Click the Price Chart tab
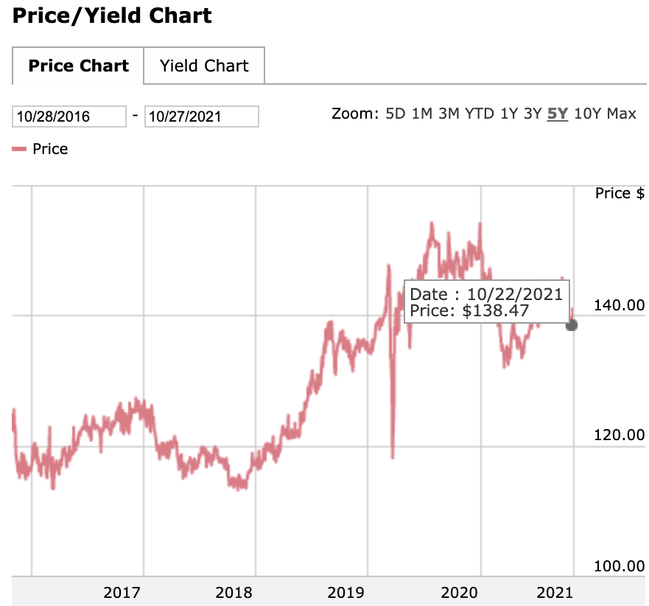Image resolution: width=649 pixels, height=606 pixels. (x=78, y=66)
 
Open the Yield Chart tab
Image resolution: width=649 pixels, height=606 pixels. (x=204, y=66)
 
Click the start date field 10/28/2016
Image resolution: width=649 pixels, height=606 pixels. (x=69, y=116)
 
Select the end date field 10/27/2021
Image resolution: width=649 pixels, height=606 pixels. (x=201, y=116)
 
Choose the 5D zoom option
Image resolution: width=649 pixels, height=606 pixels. (x=396, y=114)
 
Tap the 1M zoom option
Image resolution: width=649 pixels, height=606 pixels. (x=422, y=114)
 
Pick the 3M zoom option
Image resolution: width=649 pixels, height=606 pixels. (x=449, y=114)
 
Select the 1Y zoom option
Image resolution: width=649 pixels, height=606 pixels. (x=508, y=114)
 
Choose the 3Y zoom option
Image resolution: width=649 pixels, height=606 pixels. (x=533, y=114)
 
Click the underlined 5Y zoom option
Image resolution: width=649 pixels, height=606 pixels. (x=558, y=114)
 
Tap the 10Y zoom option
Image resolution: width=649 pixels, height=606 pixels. (x=587, y=114)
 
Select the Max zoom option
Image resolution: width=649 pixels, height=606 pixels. (x=622, y=114)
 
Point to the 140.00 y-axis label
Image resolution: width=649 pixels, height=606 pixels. (x=619, y=304)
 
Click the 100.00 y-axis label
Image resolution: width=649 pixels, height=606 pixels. (x=619, y=565)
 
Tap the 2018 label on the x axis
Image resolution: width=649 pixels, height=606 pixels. (x=234, y=592)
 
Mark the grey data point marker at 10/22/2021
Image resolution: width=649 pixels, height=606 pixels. (x=572, y=324)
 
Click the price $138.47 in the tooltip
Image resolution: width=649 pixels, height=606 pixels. (x=496, y=310)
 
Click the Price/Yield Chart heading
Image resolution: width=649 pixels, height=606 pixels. (x=112, y=15)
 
